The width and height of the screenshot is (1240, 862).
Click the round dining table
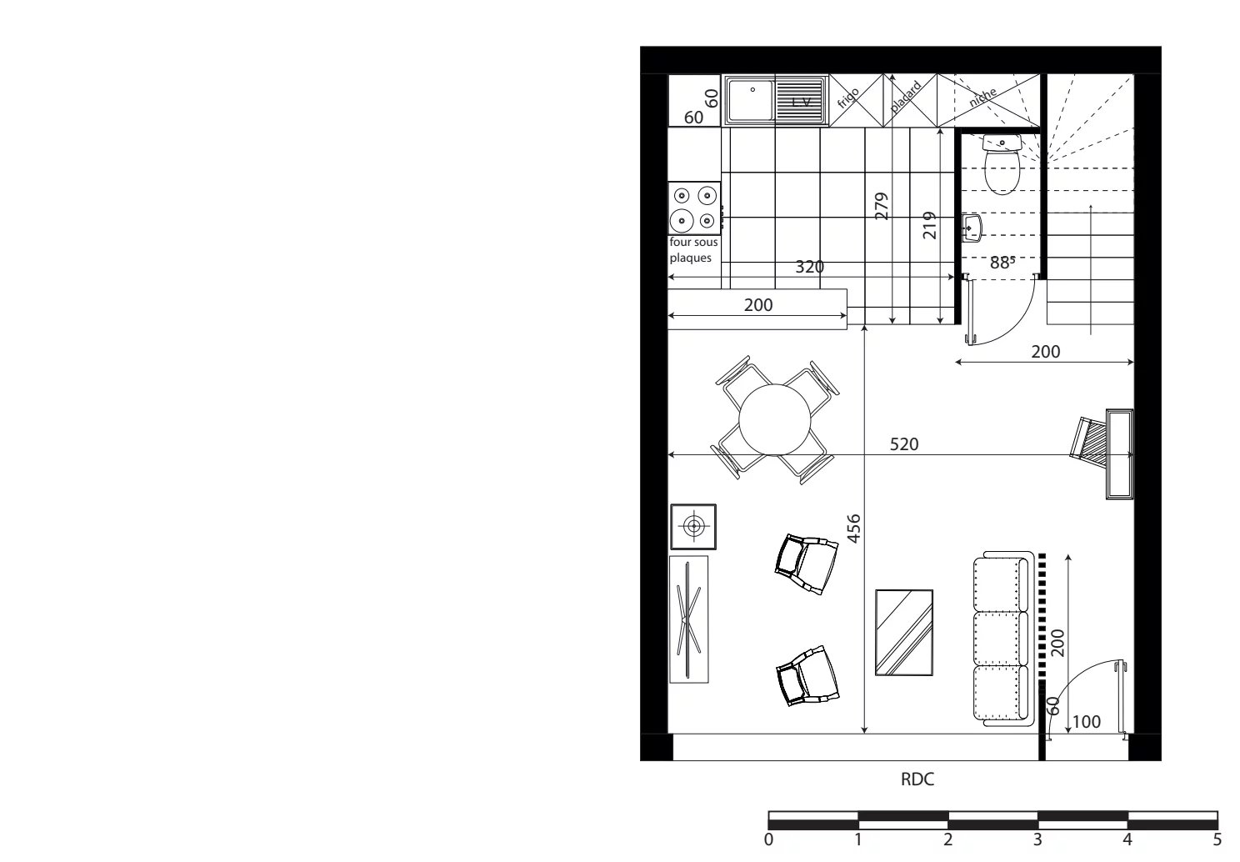(775, 418)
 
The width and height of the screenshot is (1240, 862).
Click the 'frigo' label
(847, 99)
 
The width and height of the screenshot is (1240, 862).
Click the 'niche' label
(982, 98)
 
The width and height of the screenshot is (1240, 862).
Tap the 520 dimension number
(904, 444)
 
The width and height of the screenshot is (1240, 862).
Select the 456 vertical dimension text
(853, 529)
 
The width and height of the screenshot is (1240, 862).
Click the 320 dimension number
(809, 267)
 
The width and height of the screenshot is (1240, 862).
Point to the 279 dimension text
(882, 206)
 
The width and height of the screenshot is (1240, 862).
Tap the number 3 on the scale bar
(1037, 839)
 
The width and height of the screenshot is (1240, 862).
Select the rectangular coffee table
(904, 632)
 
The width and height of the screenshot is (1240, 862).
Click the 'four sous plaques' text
(693, 250)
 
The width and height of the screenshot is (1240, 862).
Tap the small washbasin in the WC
(972, 227)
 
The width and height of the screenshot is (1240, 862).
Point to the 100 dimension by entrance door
(1086, 722)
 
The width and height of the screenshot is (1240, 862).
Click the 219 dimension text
(930, 225)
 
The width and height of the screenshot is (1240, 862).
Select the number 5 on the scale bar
(1217, 839)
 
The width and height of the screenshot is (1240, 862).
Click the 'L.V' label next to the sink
(802, 102)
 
